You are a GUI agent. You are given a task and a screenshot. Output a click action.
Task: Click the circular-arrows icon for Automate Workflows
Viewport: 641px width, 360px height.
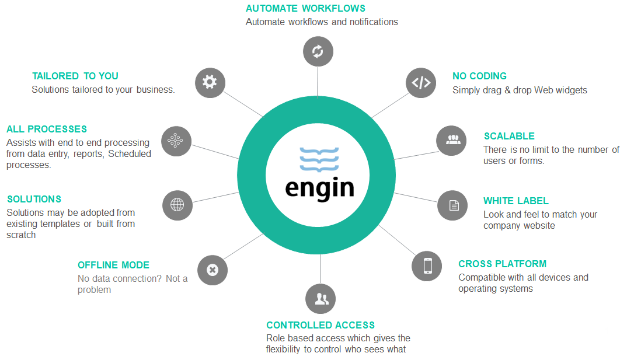click(318, 51)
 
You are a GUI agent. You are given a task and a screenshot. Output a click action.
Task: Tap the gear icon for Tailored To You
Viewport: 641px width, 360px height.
click(210, 82)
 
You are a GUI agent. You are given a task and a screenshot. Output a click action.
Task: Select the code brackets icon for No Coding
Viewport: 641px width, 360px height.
click(421, 83)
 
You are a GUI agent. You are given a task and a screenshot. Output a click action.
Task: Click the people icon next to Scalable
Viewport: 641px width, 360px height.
click(452, 140)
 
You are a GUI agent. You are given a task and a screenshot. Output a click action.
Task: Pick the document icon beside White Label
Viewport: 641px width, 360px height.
click(453, 205)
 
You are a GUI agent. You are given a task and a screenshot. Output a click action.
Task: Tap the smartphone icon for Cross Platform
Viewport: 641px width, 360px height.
click(427, 265)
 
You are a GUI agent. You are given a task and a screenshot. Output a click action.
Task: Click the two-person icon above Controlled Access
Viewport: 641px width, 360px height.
click(320, 299)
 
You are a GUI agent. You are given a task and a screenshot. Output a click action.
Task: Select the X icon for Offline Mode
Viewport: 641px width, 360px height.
click(212, 270)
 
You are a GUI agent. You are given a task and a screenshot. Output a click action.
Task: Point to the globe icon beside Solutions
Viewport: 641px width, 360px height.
click(177, 205)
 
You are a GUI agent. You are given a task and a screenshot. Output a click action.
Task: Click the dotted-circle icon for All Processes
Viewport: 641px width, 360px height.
click(176, 141)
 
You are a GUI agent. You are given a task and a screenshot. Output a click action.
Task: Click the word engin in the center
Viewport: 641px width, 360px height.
click(319, 187)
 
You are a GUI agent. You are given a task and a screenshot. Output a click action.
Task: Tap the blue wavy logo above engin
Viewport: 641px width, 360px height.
click(319, 159)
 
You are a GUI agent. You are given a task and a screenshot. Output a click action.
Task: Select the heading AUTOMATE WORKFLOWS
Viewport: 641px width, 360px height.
click(305, 9)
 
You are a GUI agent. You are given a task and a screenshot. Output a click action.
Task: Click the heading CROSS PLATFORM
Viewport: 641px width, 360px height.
click(502, 264)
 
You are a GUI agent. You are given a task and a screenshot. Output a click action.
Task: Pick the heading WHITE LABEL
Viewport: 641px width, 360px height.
click(515, 201)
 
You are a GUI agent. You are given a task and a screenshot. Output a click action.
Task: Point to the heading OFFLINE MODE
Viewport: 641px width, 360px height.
click(113, 265)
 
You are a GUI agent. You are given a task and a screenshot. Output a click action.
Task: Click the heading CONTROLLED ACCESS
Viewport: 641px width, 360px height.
click(320, 326)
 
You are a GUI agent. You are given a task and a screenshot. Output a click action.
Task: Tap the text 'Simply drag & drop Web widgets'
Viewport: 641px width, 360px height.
click(520, 90)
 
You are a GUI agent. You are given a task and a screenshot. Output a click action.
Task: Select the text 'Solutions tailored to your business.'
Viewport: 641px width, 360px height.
click(103, 90)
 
